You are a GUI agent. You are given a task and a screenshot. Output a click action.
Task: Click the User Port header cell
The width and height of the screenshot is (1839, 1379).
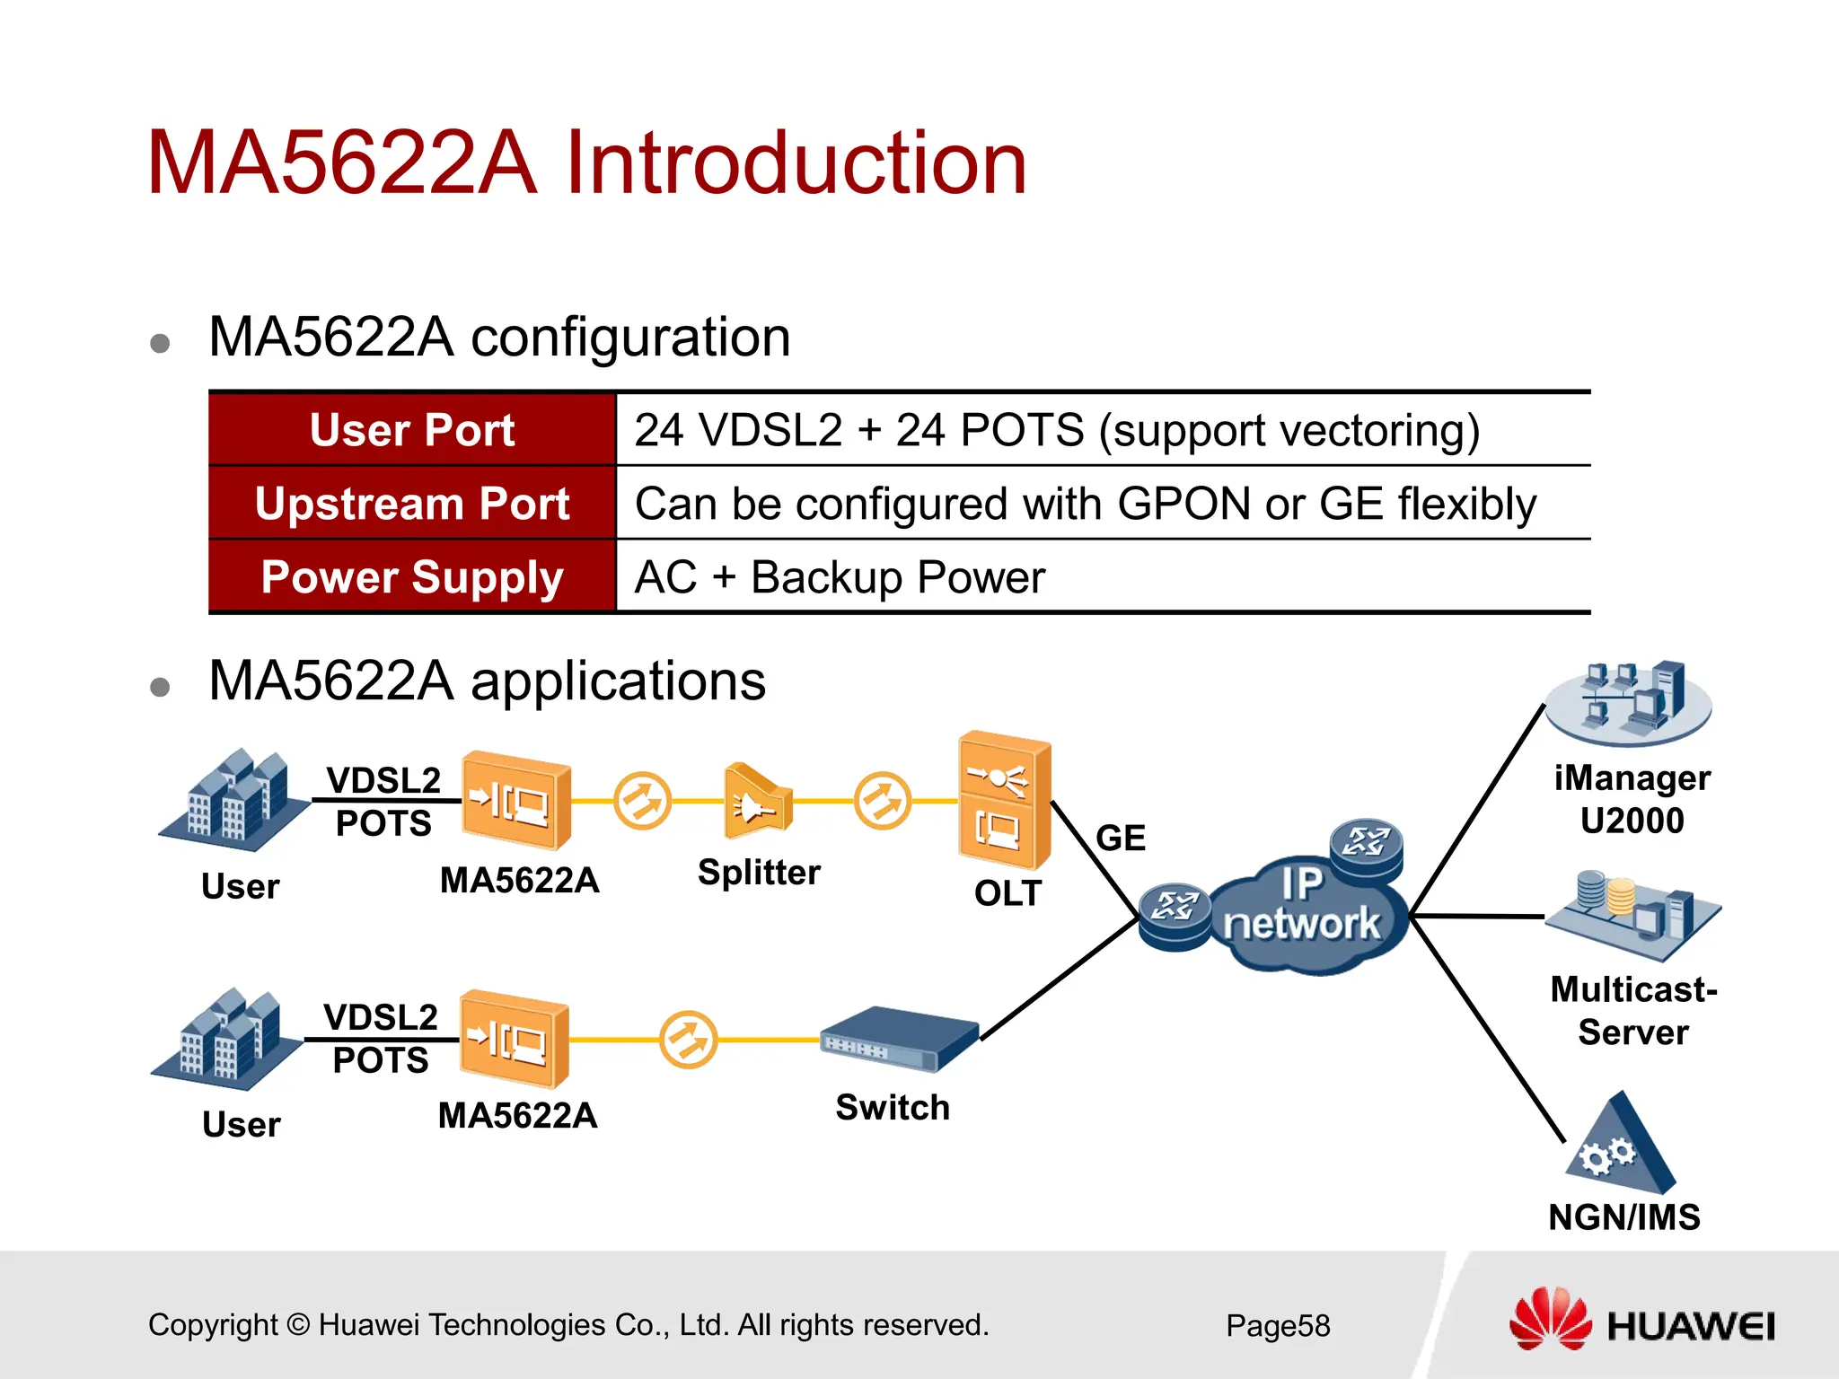[412, 430]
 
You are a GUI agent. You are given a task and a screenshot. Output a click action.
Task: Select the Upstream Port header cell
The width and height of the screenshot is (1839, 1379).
[412, 504]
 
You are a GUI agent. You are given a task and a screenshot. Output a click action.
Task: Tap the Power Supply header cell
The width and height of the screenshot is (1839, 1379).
[412, 577]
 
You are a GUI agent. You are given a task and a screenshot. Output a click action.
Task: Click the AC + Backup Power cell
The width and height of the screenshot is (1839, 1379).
[840, 577]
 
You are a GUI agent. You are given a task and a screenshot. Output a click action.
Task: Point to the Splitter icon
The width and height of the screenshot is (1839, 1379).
[757, 802]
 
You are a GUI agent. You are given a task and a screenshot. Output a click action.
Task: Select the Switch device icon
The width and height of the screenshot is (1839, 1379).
[898, 1040]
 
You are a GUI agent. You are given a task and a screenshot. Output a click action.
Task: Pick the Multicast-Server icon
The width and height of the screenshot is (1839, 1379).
[1632, 914]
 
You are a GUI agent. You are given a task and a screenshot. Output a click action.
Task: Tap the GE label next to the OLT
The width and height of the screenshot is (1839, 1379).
[1121, 839]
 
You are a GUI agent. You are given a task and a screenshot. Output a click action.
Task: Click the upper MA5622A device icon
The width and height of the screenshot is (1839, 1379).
[515, 801]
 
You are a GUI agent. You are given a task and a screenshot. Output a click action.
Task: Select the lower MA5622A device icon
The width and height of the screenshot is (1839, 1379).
[514, 1040]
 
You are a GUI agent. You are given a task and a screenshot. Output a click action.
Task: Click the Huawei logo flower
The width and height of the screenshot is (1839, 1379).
[1550, 1320]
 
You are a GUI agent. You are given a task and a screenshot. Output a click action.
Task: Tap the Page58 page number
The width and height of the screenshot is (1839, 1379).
[1278, 1326]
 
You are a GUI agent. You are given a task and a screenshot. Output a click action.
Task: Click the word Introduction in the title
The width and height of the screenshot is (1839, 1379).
[796, 163]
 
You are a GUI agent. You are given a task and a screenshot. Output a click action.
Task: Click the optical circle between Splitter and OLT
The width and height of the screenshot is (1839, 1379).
[882, 801]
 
